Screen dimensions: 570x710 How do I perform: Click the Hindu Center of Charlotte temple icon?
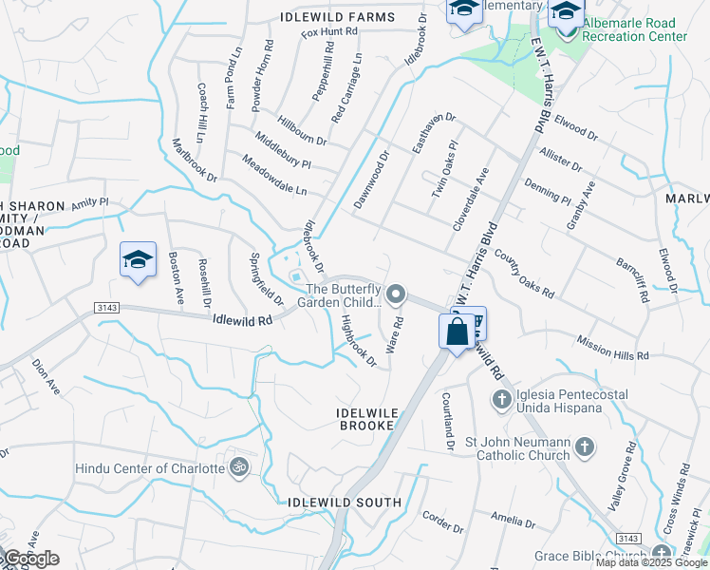pos(240,467)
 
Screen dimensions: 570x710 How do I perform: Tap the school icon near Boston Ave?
pos(138,259)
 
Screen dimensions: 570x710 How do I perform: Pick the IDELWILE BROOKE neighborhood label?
pos(364,419)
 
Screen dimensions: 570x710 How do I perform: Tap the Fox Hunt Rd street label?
pos(329,32)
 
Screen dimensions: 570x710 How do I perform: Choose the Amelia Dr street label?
pos(514,520)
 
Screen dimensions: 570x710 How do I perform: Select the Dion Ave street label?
pos(46,375)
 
